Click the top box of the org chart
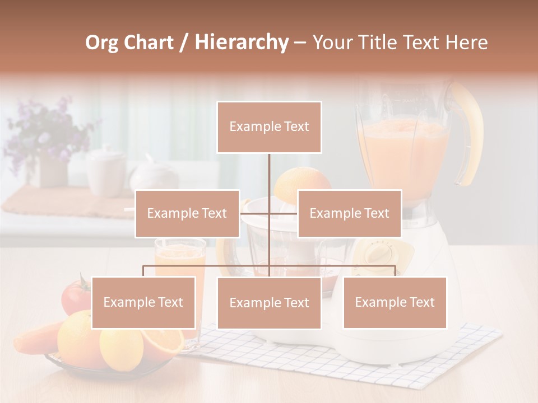[x=269, y=127]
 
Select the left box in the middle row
[x=187, y=213]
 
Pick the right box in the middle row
[x=349, y=213]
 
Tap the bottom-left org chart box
[x=143, y=302]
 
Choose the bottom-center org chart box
[x=269, y=303]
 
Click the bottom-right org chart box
[x=395, y=302]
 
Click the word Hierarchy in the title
[x=241, y=43]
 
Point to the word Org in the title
[x=102, y=43]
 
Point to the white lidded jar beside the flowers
[x=106, y=168]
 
